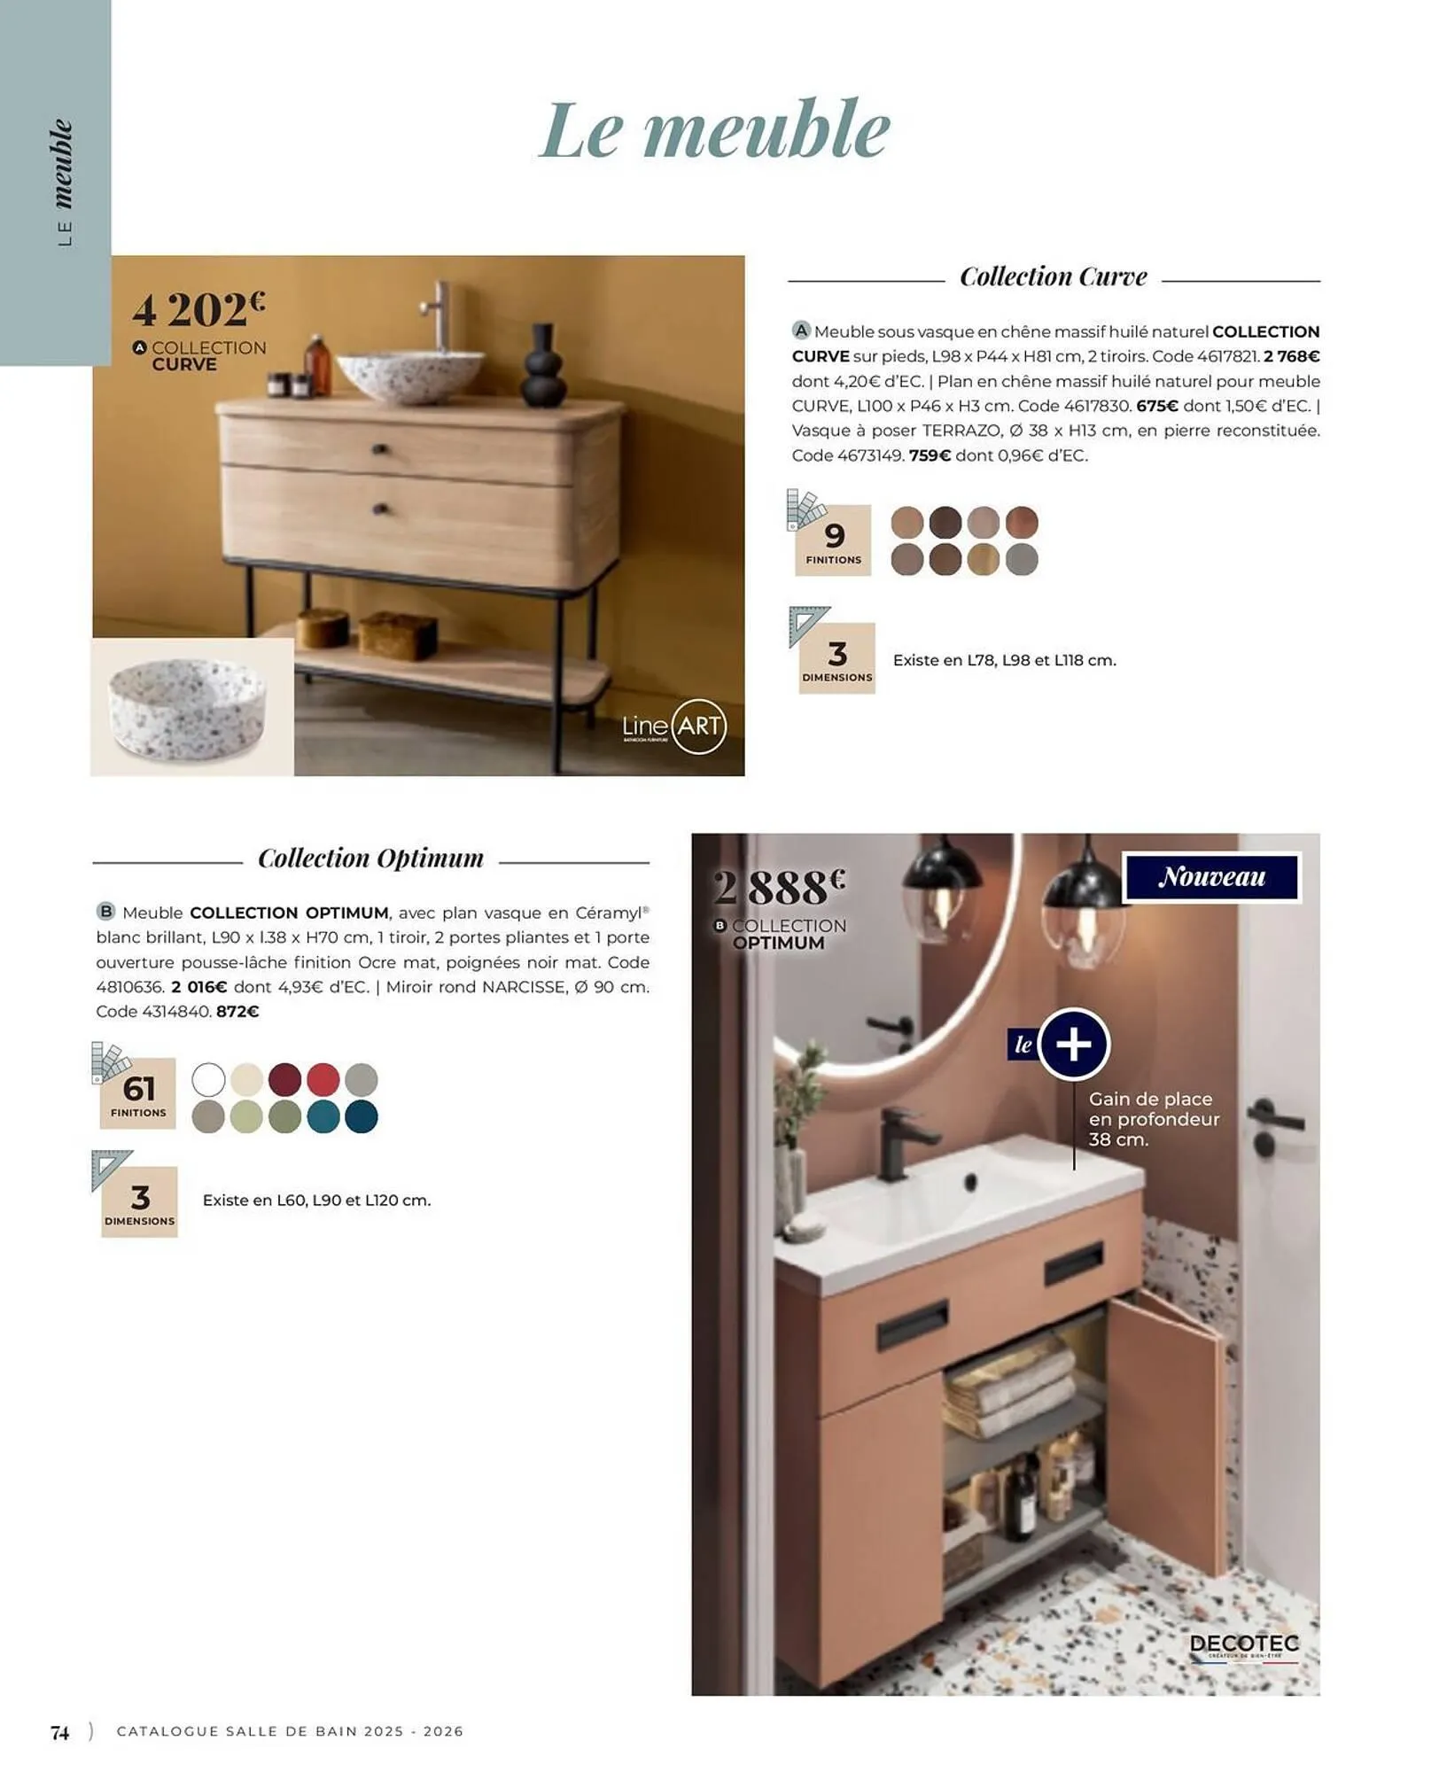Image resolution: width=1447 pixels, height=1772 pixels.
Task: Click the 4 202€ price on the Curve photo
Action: [x=198, y=310]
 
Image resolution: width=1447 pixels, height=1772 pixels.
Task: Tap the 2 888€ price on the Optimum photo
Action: [x=779, y=887]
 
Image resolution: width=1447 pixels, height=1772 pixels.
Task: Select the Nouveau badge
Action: [x=1211, y=877]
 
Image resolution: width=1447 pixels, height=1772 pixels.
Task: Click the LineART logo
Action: [x=674, y=727]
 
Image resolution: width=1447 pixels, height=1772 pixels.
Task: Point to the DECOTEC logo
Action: [x=1244, y=1644]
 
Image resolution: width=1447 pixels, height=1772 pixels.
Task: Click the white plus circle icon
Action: [x=1073, y=1045]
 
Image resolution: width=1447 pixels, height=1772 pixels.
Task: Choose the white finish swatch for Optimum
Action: [x=209, y=1080]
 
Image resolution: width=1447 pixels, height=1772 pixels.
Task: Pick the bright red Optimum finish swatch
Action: [x=323, y=1080]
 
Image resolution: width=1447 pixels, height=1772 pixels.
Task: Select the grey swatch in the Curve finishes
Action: [x=1022, y=560]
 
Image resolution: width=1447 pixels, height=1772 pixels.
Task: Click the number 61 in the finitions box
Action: [x=139, y=1089]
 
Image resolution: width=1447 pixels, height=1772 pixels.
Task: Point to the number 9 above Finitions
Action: [x=834, y=536]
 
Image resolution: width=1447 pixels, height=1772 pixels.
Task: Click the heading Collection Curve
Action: [x=1053, y=277]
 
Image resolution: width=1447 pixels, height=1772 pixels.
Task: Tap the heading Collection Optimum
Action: [x=370, y=859]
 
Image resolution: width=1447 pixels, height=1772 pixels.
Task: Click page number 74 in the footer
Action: [x=60, y=1732]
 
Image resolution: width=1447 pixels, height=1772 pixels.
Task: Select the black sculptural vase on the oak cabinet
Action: [x=544, y=367]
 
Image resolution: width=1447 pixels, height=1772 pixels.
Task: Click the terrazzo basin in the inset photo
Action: [x=187, y=709]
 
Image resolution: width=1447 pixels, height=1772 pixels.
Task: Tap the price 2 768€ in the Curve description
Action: [x=1292, y=356]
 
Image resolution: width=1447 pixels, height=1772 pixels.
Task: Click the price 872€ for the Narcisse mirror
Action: [x=237, y=1012]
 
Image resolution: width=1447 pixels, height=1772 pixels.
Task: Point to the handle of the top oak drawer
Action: [x=381, y=450]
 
